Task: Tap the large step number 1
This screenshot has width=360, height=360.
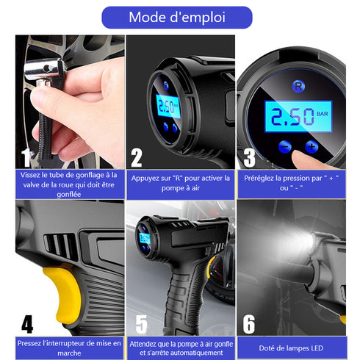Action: point(26,157)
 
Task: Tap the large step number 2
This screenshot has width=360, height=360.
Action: point(137,156)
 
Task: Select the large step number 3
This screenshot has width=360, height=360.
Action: point(249,156)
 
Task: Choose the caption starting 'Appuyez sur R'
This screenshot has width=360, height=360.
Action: point(181,184)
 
